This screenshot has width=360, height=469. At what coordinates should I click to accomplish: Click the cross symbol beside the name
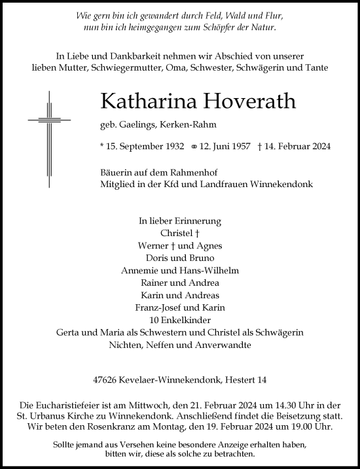[49, 122]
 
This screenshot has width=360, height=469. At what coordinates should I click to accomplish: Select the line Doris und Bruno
[180, 258]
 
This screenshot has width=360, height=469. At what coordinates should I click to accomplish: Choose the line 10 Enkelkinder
[180, 320]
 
